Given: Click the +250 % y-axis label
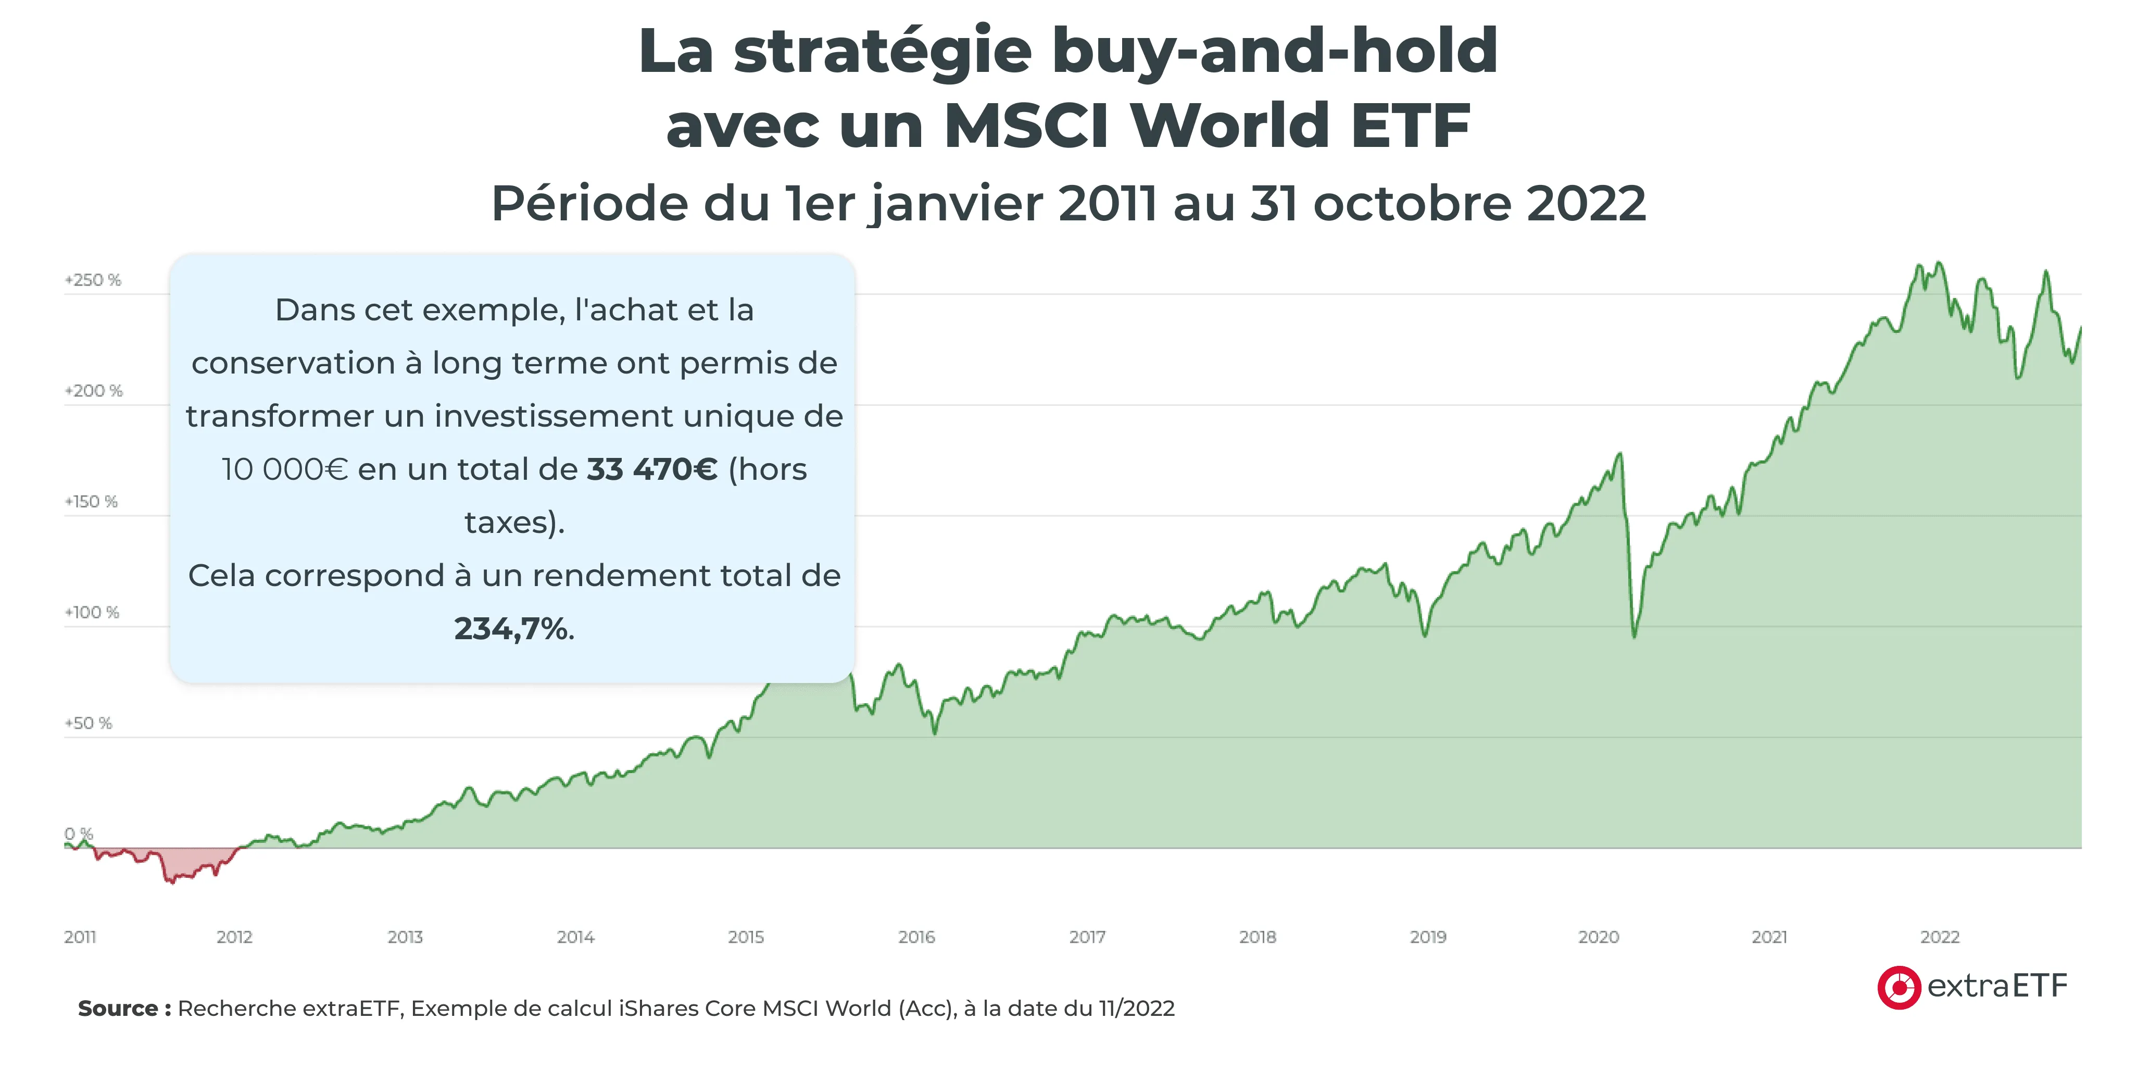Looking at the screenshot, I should point(93,280).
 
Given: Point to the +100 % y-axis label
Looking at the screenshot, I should point(92,613).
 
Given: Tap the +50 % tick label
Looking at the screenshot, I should point(88,724).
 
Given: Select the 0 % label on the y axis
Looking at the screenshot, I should point(79,834).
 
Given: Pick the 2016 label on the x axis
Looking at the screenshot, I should point(916,937).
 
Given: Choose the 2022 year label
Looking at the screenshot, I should point(1940,937).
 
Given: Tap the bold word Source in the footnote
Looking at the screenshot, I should point(118,1009).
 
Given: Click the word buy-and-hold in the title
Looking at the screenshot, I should point(1274,52).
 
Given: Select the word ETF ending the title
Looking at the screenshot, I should point(1410,126).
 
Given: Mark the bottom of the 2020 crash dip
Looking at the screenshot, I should point(1635,635).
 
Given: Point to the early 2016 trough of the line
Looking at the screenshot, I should point(935,732).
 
